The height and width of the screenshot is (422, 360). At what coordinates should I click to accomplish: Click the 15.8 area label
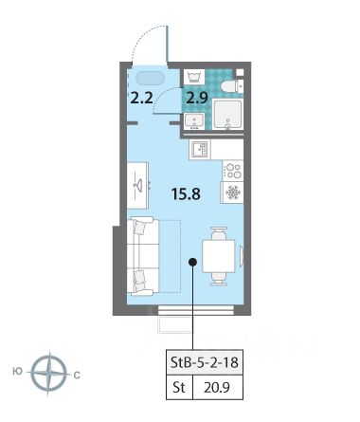(x=186, y=193)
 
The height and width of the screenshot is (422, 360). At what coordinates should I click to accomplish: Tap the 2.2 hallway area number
(x=142, y=98)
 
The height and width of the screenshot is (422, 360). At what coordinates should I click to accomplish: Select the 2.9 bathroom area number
(x=197, y=98)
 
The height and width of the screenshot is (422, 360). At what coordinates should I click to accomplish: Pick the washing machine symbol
(x=194, y=77)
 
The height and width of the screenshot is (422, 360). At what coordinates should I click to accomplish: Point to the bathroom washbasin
(x=194, y=121)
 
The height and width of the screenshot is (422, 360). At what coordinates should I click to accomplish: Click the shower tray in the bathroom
(x=227, y=114)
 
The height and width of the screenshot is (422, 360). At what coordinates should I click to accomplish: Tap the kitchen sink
(x=200, y=149)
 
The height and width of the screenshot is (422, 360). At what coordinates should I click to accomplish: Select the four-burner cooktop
(x=233, y=171)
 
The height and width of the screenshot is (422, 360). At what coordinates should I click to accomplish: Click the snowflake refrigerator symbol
(x=233, y=193)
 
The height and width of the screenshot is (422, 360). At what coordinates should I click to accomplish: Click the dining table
(x=219, y=256)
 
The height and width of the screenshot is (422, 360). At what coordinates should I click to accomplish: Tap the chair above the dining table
(x=219, y=233)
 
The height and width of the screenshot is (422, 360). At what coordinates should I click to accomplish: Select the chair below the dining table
(x=219, y=279)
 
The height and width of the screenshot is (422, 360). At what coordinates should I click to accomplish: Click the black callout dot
(x=192, y=262)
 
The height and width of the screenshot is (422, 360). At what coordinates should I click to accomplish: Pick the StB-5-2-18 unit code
(x=205, y=362)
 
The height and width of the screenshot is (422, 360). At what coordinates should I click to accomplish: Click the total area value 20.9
(x=217, y=387)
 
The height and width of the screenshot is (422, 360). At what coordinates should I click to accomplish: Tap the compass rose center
(x=49, y=374)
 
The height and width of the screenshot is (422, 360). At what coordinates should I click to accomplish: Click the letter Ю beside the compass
(x=18, y=372)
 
